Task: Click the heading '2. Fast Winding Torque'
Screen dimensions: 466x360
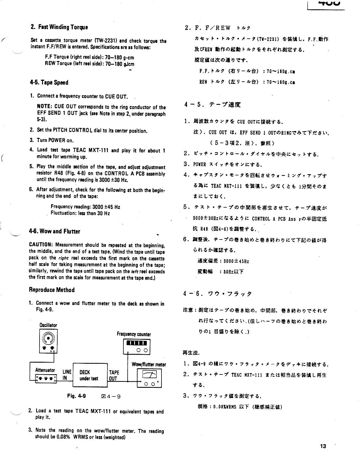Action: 59,27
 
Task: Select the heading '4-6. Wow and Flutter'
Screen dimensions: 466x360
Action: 54,231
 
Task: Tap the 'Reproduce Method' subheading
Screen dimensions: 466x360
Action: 52,290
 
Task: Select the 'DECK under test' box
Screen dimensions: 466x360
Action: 89,375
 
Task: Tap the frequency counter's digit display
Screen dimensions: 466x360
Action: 137,343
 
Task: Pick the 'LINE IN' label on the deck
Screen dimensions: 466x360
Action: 67,375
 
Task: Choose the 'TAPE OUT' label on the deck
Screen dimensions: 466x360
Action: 114,375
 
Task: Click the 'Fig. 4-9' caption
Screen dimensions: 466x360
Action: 77,396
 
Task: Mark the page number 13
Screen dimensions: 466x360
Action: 323,446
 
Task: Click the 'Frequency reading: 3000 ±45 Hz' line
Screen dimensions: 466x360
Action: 85,207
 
